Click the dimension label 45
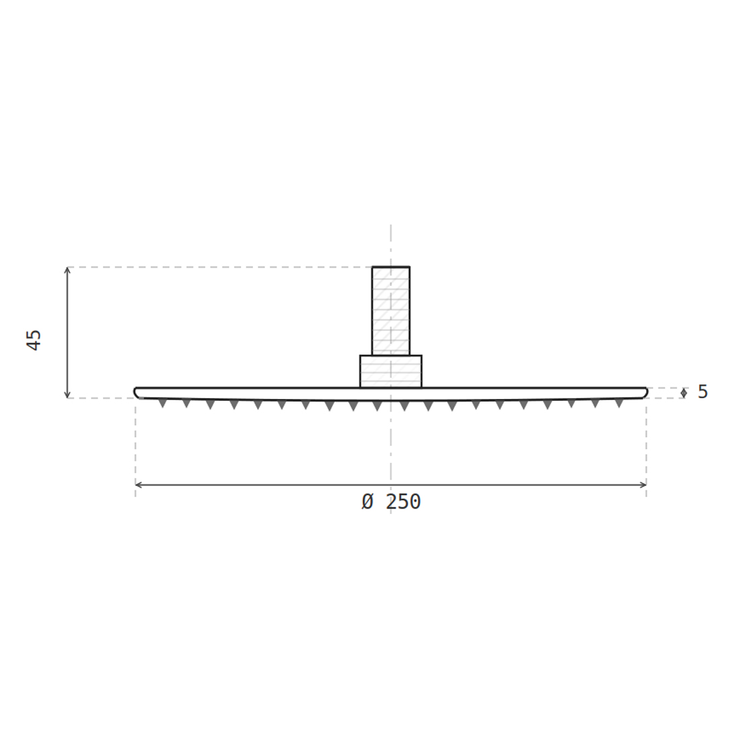click(x=34, y=340)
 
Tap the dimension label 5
click(x=703, y=392)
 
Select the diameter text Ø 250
click(x=391, y=502)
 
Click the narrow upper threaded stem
click(x=391, y=311)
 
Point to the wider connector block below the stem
click(x=391, y=371)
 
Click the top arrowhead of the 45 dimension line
click(x=67, y=270)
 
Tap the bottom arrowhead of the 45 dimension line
click(x=67, y=396)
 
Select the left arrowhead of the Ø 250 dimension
click(x=138, y=484)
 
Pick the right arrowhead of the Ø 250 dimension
click(x=644, y=484)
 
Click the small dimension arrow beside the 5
click(x=684, y=393)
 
